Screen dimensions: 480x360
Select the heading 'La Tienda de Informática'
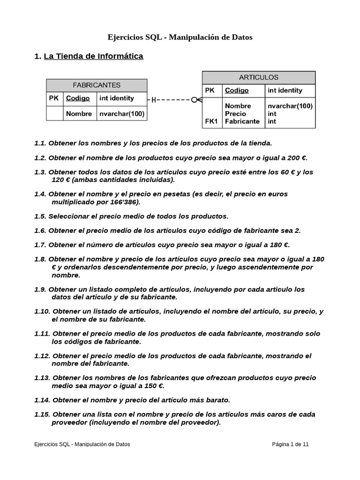click(x=93, y=56)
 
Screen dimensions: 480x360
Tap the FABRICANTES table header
click(x=97, y=85)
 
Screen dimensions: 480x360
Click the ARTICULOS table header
click(x=259, y=77)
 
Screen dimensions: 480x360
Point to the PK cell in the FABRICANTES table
click(x=54, y=98)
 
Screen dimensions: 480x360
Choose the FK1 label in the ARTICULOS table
click(x=211, y=121)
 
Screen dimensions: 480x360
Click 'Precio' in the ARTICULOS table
click(x=235, y=113)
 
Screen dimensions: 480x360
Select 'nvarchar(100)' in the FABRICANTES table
click(x=122, y=113)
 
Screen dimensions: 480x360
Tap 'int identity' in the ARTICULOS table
click(x=285, y=90)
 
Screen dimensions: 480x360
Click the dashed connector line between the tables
click(x=173, y=100)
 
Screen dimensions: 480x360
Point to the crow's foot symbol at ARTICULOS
click(x=197, y=100)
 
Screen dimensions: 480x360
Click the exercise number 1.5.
click(x=40, y=216)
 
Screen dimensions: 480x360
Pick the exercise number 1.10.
click(x=42, y=311)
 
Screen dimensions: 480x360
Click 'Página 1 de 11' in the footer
click(x=290, y=444)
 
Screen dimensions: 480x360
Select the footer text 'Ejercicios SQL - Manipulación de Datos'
click(x=82, y=444)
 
